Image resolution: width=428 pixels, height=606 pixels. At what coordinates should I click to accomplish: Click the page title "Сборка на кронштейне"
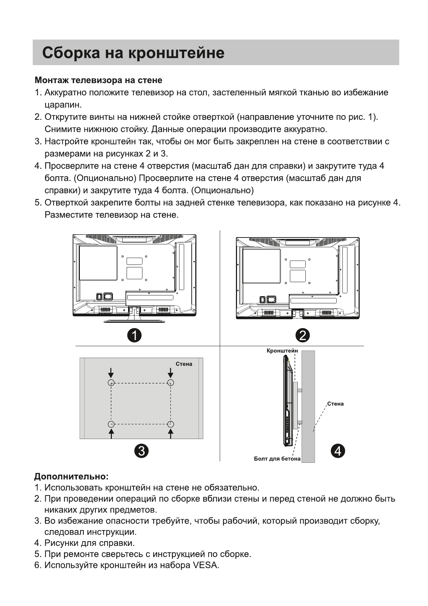[x=133, y=53]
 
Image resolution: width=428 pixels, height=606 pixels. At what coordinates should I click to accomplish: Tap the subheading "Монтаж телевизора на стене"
[x=98, y=80]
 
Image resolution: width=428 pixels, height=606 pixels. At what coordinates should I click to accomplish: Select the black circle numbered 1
[x=134, y=335]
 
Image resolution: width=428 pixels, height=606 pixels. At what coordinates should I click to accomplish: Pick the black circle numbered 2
[x=302, y=335]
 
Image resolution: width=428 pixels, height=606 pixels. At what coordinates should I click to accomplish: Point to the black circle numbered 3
[x=141, y=451]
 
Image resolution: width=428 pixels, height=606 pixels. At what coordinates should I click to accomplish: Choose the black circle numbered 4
[x=338, y=451]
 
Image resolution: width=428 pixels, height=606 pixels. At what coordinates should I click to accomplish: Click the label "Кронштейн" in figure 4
[x=282, y=351]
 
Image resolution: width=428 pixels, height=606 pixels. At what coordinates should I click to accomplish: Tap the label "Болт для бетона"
[x=277, y=458]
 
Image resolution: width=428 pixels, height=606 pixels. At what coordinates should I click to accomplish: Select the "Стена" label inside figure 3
[x=184, y=364]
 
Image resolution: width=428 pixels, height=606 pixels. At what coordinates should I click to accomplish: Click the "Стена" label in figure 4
[x=335, y=404]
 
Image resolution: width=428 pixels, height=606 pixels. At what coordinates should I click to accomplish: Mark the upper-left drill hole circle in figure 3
[x=111, y=383]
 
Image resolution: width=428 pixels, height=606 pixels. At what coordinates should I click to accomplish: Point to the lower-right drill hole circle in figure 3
[x=171, y=424]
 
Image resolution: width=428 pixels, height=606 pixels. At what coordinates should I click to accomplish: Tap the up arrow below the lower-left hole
[x=111, y=434]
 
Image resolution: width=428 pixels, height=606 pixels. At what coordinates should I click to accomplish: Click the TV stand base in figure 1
[x=134, y=320]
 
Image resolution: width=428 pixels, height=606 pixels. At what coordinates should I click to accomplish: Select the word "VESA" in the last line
[x=205, y=565]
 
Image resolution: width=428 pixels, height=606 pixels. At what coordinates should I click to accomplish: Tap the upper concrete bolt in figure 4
[x=300, y=390]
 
